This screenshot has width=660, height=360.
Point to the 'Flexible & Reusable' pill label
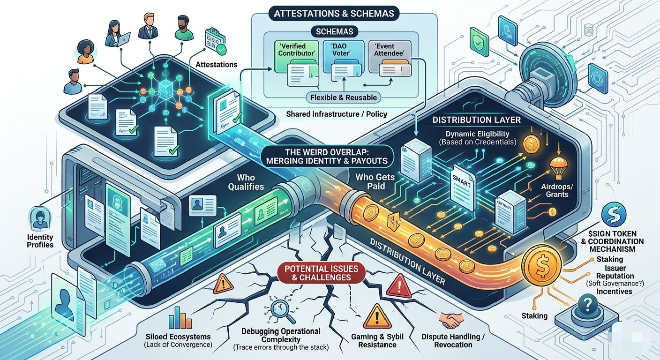pos(344,97)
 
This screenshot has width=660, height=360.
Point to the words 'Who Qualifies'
pos(246,182)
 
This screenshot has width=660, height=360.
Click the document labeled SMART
pos(462,180)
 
